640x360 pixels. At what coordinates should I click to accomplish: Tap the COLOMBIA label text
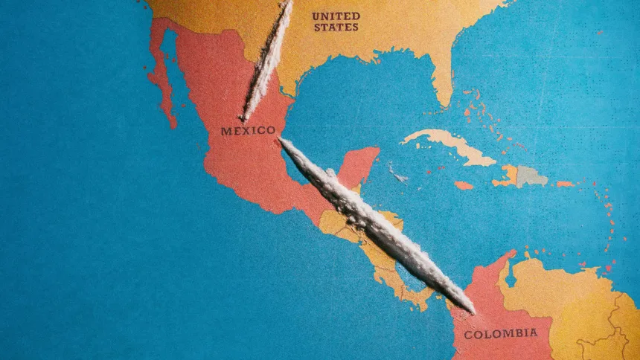500,334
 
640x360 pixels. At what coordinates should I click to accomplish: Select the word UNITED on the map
336,16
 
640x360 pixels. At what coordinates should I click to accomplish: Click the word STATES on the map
336,28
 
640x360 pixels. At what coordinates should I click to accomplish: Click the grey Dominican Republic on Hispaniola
531,176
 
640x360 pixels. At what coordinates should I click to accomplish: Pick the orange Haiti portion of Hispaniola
509,176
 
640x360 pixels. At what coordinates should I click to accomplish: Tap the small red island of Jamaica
463,185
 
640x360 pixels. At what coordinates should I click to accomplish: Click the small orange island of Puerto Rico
566,184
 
